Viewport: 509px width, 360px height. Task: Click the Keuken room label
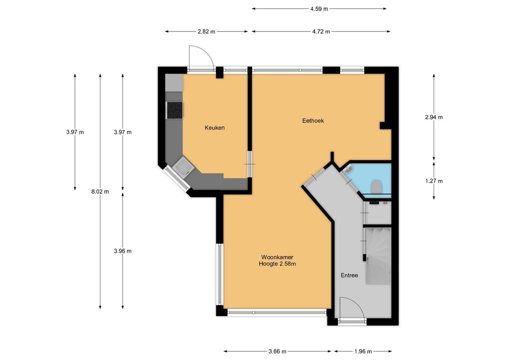(214, 128)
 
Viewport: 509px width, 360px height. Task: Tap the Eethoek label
(313, 121)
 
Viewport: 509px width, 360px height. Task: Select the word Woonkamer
(277, 257)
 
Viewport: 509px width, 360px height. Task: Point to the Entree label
(349, 275)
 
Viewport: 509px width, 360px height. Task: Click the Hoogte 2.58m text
(277, 264)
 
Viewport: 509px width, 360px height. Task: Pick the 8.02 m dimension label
(100, 191)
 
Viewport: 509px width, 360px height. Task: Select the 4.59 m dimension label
(319, 9)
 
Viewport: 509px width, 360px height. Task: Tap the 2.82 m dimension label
(206, 31)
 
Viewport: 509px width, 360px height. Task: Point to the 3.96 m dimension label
(122, 251)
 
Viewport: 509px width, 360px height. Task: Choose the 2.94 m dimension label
(434, 117)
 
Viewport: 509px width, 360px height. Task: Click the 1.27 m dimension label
(434, 181)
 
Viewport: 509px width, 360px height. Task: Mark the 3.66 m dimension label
(277, 351)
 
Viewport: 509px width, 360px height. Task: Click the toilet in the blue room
(376, 186)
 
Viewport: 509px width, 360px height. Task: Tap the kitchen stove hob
(174, 110)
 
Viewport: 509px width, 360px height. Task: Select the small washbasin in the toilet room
(348, 169)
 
